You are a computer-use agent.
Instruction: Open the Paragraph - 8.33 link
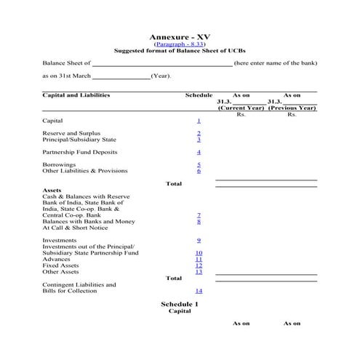point(180,44)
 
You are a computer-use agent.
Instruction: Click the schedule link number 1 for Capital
point(199,120)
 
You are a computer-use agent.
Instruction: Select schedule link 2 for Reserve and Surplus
point(199,133)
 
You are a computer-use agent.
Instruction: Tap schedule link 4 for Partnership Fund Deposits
point(199,152)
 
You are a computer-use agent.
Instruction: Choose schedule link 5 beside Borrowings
point(199,165)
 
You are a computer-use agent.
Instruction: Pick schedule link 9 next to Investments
point(199,239)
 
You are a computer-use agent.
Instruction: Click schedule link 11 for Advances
point(199,259)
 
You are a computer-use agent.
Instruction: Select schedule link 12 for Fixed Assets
point(199,265)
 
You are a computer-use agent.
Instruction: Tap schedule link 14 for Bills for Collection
point(199,291)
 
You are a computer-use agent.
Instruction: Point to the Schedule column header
point(199,95)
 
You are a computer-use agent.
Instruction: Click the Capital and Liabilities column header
point(75,95)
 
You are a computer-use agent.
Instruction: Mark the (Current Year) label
point(241,108)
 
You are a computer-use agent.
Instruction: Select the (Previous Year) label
point(292,108)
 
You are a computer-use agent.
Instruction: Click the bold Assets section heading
point(52,190)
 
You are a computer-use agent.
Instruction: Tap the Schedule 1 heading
point(179,303)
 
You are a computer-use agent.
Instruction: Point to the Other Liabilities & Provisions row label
point(85,171)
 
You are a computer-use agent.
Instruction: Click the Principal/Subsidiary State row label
point(79,140)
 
